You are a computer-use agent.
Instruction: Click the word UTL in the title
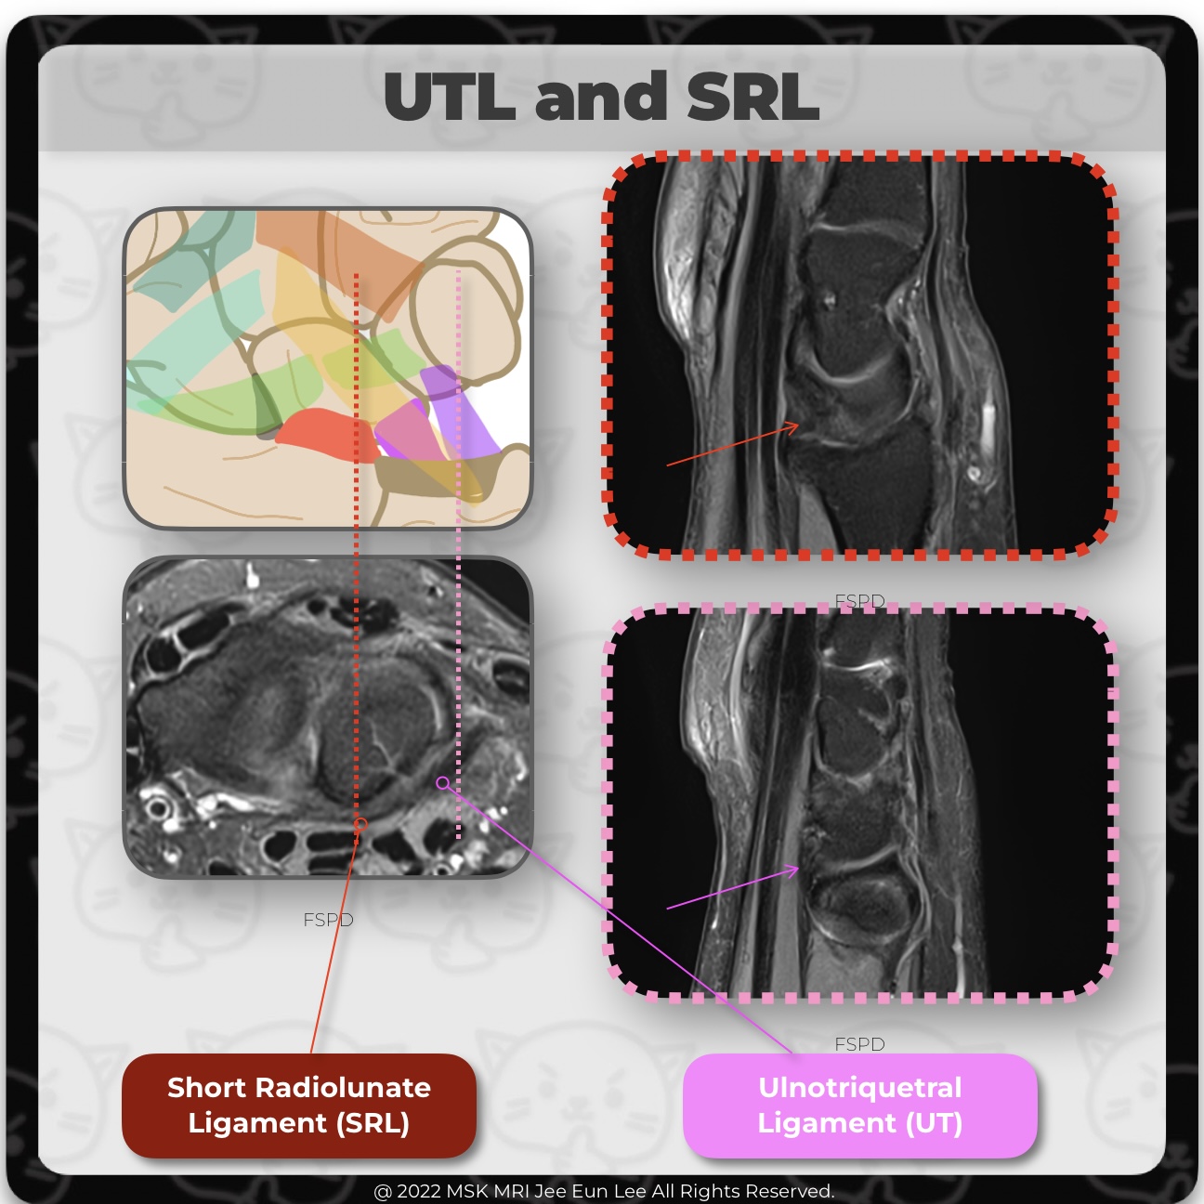[x=450, y=97]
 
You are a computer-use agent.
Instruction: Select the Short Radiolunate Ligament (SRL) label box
[x=298, y=1106]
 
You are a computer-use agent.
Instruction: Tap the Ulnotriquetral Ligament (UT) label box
[x=859, y=1106]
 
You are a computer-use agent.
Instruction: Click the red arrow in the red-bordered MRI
[x=733, y=445]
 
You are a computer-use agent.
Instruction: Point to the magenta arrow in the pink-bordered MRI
[x=733, y=888]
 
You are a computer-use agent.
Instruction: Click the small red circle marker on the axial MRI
[x=360, y=824]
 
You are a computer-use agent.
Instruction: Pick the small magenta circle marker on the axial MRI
[x=443, y=783]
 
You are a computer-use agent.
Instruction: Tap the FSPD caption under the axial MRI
[x=328, y=920]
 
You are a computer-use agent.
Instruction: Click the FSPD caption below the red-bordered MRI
[x=859, y=600]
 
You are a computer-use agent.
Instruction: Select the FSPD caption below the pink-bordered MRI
[x=859, y=1044]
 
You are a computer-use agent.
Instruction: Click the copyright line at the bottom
[x=604, y=1191]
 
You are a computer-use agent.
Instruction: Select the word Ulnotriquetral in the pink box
[x=859, y=1088]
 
